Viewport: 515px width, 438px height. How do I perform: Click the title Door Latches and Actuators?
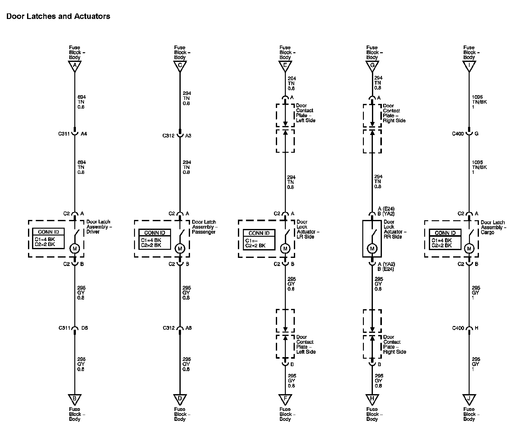[58, 16]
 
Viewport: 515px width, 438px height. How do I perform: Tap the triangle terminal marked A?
[75, 66]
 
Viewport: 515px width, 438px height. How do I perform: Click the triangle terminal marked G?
[372, 66]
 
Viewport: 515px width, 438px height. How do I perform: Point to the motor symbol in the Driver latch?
[75, 248]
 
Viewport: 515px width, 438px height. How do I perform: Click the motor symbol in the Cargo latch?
[469, 249]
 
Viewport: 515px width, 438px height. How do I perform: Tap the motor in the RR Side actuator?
[372, 249]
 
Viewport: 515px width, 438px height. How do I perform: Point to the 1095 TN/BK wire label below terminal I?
[477, 102]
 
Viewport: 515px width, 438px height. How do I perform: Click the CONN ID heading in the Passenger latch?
[155, 233]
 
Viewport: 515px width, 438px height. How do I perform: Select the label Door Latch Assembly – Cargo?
[493, 227]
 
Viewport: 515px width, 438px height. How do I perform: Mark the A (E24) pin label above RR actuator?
[386, 209]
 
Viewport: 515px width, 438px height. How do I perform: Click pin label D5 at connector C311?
[84, 328]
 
